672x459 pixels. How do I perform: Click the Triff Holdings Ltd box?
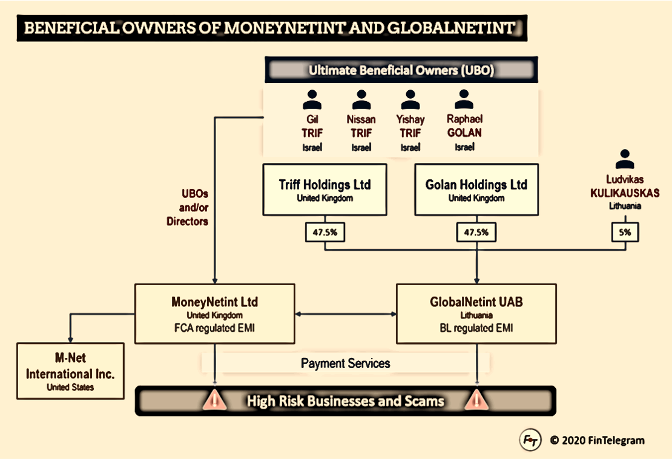pyautogui.click(x=324, y=190)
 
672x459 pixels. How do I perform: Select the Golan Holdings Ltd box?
pyautogui.click(x=476, y=190)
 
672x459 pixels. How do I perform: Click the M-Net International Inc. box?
pyautogui.click(x=70, y=371)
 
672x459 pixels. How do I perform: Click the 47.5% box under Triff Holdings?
pyautogui.click(x=325, y=233)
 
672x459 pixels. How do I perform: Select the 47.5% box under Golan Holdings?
pyautogui.click(x=476, y=233)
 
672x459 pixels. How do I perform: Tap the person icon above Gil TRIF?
pyautogui.click(x=312, y=99)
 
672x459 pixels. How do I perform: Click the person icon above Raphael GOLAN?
pyautogui.click(x=464, y=99)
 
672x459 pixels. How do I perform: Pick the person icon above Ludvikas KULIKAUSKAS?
pyautogui.click(x=625, y=159)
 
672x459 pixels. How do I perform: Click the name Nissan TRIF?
pyautogui.click(x=361, y=126)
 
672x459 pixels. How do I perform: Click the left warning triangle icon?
pyautogui.click(x=216, y=400)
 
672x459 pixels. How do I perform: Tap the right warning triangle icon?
pyautogui.click(x=478, y=400)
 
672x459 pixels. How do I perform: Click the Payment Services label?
pyautogui.click(x=345, y=363)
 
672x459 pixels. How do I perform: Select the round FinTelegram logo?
pyautogui.click(x=530, y=440)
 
